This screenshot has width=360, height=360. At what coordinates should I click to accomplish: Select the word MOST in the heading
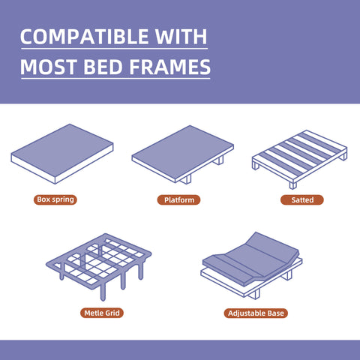tap(49, 67)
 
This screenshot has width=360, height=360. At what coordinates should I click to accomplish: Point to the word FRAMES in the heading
tap(170, 67)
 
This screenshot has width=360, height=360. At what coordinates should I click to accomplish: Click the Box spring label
tap(55, 199)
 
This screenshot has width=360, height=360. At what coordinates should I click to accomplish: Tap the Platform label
tap(178, 200)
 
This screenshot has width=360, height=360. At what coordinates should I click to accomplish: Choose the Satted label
tap(302, 200)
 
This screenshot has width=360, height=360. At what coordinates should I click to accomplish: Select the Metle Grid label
tap(102, 313)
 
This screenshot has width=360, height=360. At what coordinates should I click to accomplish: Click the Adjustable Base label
tap(256, 313)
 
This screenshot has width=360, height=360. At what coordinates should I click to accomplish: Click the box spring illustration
tap(62, 154)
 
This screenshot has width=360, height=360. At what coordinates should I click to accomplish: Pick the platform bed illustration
tap(183, 154)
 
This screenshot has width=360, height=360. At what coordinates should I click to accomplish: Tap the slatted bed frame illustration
tap(299, 159)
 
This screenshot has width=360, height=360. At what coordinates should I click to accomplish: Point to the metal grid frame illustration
tap(99, 265)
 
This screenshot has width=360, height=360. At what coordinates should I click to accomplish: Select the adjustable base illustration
tap(251, 265)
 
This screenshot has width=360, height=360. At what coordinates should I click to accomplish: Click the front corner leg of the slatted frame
tap(292, 185)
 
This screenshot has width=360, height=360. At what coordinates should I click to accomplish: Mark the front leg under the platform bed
tap(186, 179)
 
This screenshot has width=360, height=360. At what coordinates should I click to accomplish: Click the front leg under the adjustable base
tap(255, 294)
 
